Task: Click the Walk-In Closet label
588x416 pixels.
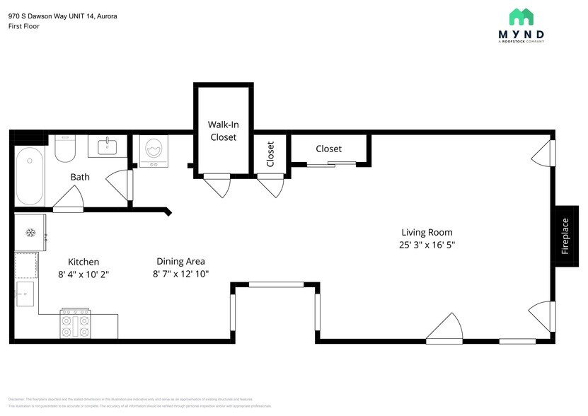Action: tap(222, 130)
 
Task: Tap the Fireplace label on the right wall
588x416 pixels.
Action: tap(565, 236)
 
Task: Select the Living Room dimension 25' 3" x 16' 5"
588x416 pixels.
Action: tap(427, 245)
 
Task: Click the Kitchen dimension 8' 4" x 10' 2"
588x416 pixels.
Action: tap(83, 274)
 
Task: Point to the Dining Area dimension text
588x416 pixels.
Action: tap(180, 274)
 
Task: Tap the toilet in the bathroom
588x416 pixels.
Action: tap(65, 148)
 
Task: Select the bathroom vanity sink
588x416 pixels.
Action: tap(108, 147)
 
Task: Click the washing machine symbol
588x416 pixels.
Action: tap(152, 151)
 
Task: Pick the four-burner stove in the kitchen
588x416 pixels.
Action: tap(75, 324)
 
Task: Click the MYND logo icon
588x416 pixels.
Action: tap(521, 18)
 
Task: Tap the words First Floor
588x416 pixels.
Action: tap(24, 26)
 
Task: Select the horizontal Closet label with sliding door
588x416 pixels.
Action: tap(328, 149)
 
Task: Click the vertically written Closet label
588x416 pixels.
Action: tap(270, 154)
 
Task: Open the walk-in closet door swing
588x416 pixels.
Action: tap(217, 186)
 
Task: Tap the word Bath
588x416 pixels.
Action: tap(80, 177)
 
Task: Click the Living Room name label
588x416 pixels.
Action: tap(427, 232)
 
